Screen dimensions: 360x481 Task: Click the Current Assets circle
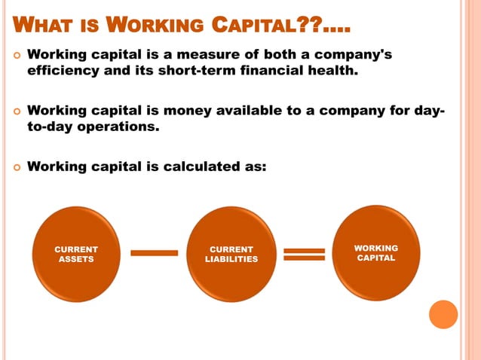click(x=76, y=254)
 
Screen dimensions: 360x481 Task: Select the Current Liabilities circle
click(x=231, y=254)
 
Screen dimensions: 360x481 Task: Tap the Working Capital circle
click(x=376, y=253)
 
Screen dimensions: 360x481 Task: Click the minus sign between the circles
click(x=154, y=252)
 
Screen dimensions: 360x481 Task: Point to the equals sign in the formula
click(x=304, y=254)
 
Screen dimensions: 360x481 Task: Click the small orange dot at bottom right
click(x=443, y=314)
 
